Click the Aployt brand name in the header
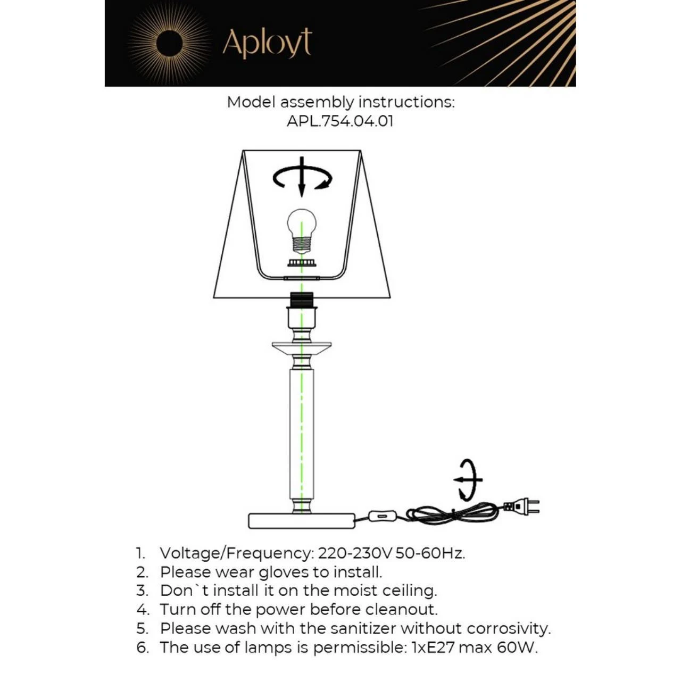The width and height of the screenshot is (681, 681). tap(267, 44)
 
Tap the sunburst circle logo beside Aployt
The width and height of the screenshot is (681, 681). tap(169, 44)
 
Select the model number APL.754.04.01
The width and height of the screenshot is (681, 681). tap(340, 121)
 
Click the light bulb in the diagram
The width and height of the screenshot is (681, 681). tap(302, 231)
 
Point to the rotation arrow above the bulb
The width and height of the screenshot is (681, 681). tap(302, 177)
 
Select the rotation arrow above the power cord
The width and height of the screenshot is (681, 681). tap(468, 479)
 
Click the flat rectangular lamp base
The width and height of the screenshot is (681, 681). tap(302, 521)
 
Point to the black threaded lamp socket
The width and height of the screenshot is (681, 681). tap(302, 300)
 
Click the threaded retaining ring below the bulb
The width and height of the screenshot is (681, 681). tap(302, 263)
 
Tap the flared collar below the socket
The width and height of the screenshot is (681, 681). tap(302, 348)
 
